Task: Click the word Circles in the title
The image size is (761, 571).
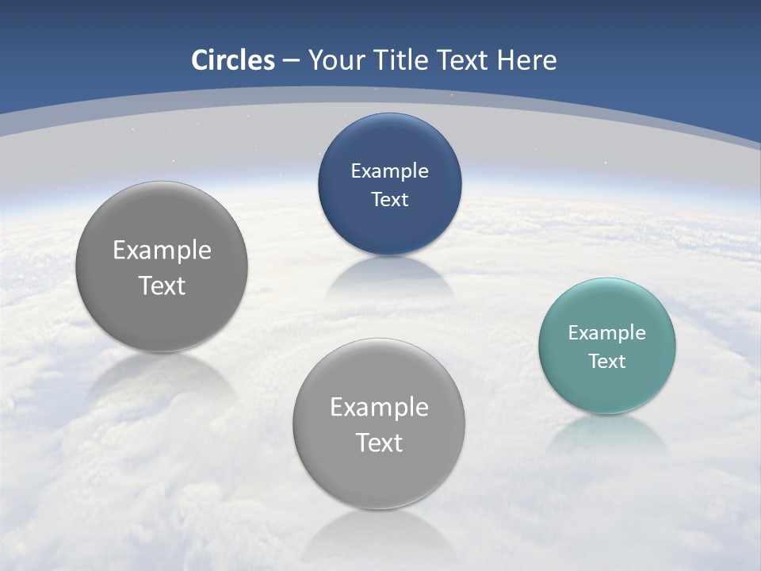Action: coord(233,60)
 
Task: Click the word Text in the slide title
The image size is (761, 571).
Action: coord(463,60)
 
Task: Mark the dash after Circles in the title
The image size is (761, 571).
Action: coord(291,61)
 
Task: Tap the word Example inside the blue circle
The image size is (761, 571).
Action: coord(389,171)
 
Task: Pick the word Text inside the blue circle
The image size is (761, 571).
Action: coord(389,199)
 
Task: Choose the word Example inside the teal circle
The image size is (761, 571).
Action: coord(607,332)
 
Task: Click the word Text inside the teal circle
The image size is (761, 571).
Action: coord(607,361)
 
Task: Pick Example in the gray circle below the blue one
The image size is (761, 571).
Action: coord(379,407)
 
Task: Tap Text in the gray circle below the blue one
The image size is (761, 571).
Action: coord(379,442)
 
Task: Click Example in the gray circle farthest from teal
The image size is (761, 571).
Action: coord(162,250)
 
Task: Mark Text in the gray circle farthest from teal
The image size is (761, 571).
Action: coord(162,285)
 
